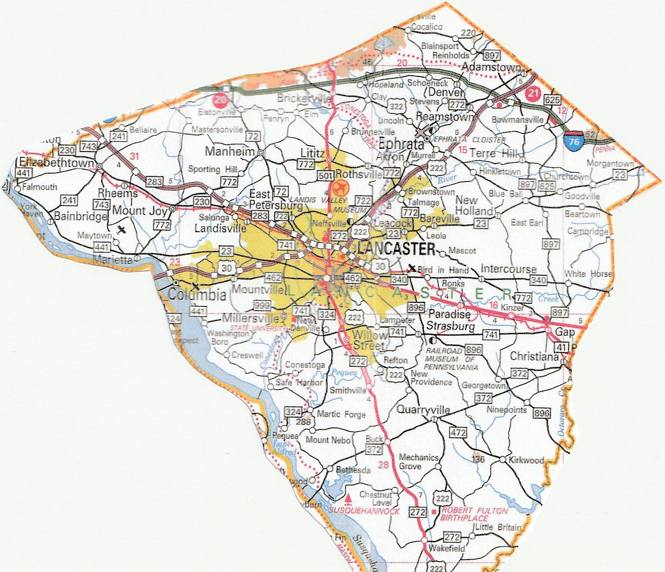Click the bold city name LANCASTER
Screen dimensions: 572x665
(396, 249)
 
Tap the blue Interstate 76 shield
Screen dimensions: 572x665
(574, 141)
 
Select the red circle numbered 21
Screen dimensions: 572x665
(533, 93)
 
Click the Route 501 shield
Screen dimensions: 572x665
(326, 176)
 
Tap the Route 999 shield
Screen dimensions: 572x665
(262, 305)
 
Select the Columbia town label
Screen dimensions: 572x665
(197, 295)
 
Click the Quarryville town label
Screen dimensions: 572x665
(423, 409)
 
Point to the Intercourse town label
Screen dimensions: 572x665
(508, 269)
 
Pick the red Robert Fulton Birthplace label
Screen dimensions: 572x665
(474, 514)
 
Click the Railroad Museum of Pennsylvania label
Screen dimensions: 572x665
(450, 359)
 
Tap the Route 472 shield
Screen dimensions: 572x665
(458, 432)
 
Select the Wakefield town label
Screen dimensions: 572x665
(446, 548)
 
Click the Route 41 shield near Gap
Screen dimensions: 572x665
(561, 348)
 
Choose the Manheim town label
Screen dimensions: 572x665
(230, 151)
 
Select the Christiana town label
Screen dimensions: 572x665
(534, 356)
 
